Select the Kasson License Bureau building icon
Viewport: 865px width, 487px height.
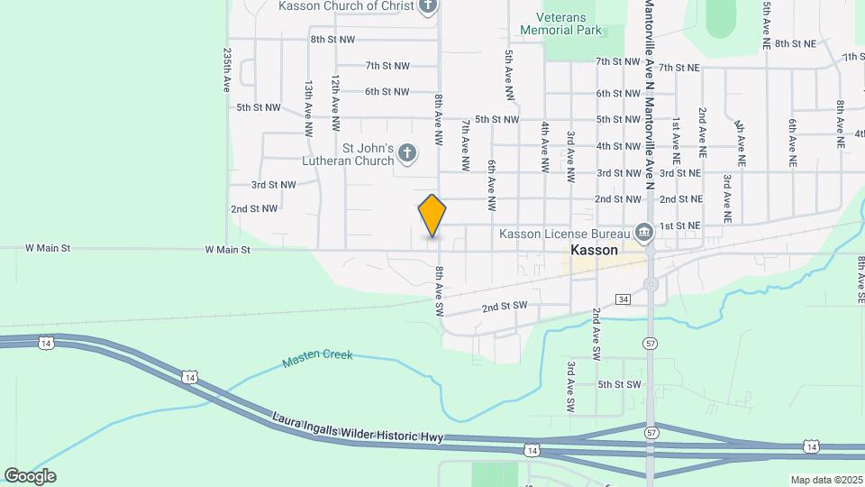644,234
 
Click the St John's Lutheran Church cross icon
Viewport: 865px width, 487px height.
406,153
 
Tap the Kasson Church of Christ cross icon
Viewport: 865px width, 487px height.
428,6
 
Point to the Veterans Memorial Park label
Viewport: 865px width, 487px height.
560,23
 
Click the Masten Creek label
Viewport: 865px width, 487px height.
317,358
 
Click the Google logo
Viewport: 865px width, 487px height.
30,476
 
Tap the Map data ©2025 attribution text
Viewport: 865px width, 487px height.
824,480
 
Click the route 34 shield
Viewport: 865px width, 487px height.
623,299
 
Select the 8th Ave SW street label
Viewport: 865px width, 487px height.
441,290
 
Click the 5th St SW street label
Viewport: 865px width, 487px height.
619,384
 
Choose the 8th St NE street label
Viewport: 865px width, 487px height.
795,43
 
